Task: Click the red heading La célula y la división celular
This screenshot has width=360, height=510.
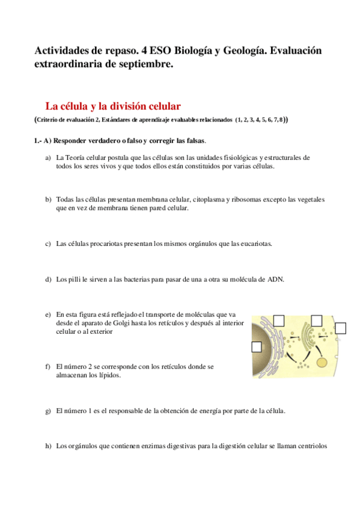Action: (x=113, y=106)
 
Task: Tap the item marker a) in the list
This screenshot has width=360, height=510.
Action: (x=48, y=158)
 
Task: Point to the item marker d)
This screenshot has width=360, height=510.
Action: (x=48, y=280)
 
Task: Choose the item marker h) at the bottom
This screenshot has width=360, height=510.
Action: (x=48, y=446)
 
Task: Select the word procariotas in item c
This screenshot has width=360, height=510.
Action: (x=113, y=244)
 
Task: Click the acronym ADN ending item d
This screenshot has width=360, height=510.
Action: (x=274, y=280)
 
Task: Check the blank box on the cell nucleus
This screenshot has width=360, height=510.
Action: (x=257, y=346)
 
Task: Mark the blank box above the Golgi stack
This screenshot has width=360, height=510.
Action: (x=316, y=320)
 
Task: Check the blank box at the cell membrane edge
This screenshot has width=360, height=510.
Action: (x=341, y=328)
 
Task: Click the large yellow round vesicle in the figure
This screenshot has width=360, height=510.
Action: (x=323, y=362)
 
